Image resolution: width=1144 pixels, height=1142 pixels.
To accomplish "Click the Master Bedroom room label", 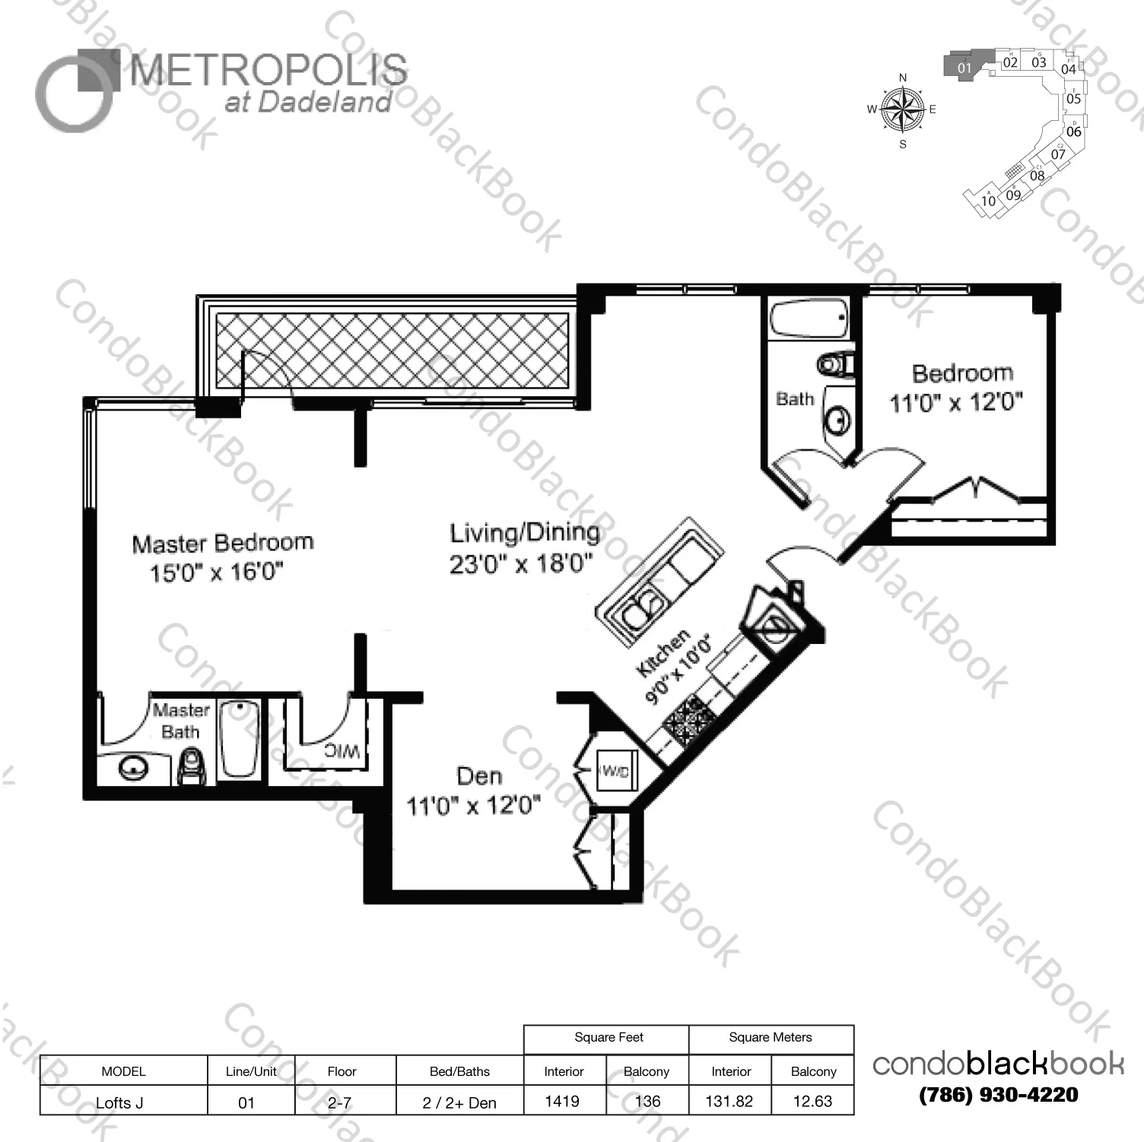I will tap(222, 544).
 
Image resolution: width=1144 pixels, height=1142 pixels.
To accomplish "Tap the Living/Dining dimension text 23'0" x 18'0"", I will tap(521, 565).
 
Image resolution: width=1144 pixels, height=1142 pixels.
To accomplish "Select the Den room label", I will tap(479, 776).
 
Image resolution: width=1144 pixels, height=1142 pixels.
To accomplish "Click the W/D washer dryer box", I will tap(615, 772).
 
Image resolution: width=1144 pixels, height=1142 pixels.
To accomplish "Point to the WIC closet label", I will tap(342, 751).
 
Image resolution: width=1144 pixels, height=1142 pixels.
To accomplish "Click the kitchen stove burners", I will tap(686, 720).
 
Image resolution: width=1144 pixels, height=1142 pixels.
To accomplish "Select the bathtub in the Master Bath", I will tap(239, 740).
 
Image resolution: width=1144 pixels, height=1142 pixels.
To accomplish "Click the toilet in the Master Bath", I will tap(191, 765).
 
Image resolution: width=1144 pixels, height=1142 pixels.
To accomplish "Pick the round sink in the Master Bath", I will tap(134, 769).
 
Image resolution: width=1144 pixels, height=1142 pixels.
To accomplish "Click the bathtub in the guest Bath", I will tap(809, 319).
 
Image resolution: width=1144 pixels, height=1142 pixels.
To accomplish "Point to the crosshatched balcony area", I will tap(392, 351).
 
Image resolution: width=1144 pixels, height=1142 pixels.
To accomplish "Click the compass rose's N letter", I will tap(903, 78).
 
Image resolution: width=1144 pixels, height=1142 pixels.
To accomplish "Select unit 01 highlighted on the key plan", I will tap(964, 67).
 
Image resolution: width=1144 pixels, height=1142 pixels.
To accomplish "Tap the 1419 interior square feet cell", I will tap(563, 1101).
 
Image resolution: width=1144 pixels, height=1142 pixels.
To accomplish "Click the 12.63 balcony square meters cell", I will tap(812, 1101).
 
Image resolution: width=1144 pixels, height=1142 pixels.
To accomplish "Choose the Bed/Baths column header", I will tap(459, 1071).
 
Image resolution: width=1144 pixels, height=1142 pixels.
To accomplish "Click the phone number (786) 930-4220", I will tap(999, 1095).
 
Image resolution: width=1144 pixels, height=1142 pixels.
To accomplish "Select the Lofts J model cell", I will tap(120, 1102).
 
